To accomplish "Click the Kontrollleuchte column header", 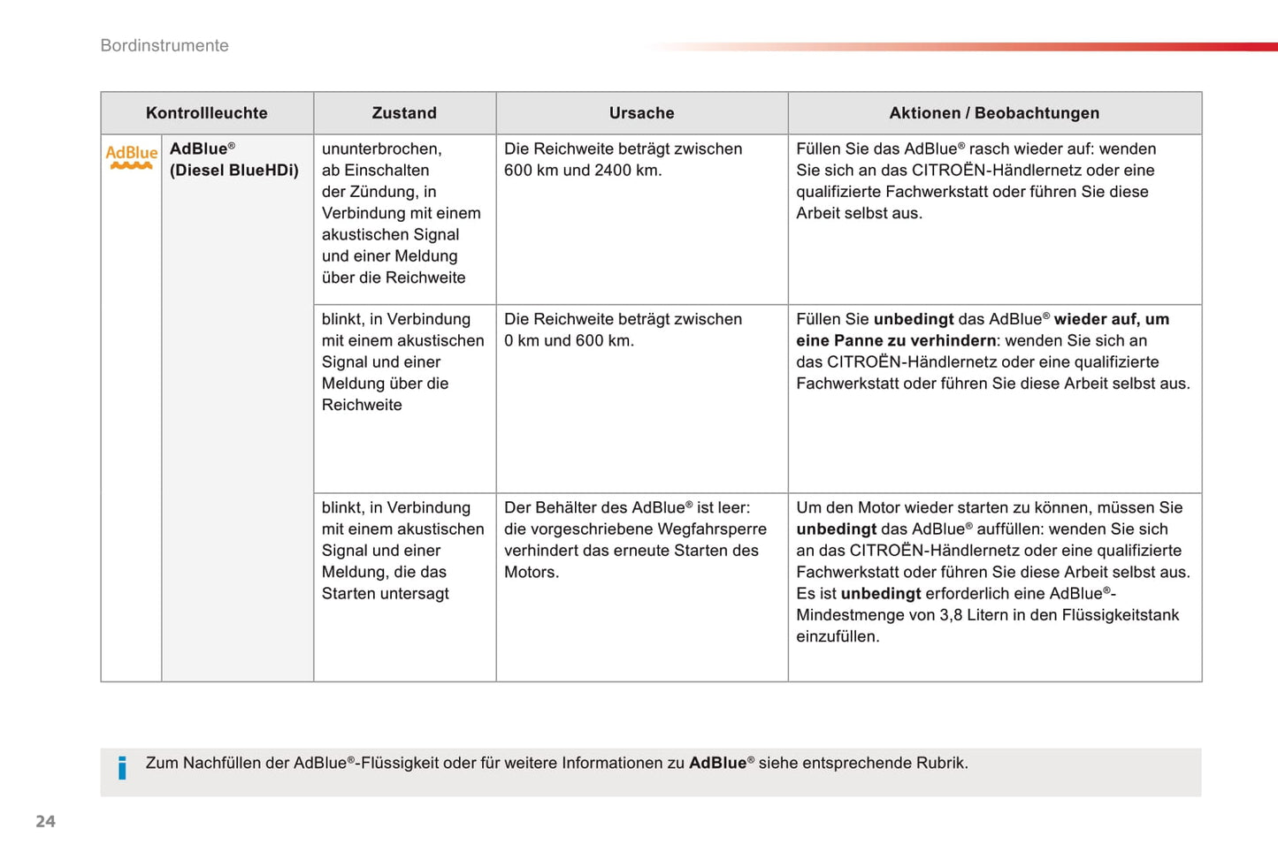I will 206,113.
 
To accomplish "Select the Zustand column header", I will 404,113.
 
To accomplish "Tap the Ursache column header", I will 641,113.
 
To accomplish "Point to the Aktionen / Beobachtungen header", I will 994,113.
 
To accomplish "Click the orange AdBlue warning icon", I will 132,156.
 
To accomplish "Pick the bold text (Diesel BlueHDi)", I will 234,171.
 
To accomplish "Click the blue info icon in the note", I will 122,767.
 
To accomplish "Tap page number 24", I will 45,821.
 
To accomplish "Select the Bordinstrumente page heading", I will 165,46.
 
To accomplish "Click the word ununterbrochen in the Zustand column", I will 381,149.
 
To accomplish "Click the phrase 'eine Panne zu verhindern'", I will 896,341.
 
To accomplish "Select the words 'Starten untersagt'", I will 386,594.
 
